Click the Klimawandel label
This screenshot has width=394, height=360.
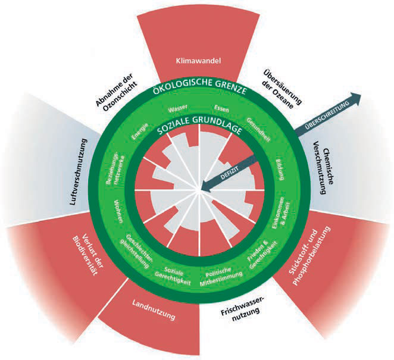click(x=198, y=61)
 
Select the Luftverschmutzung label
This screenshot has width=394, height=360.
click(x=79, y=172)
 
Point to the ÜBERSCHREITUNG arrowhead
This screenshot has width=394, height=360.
click(x=355, y=97)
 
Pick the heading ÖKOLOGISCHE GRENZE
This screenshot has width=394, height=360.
click(x=199, y=86)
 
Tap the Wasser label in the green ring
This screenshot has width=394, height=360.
click(x=178, y=108)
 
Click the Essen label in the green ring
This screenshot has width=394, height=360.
click(x=221, y=108)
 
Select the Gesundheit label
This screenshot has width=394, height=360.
click(x=258, y=130)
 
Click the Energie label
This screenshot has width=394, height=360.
click(x=140, y=131)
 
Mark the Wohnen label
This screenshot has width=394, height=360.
click(x=118, y=211)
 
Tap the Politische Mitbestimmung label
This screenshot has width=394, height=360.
click(x=221, y=277)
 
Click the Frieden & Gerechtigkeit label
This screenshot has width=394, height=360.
click(x=262, y=254)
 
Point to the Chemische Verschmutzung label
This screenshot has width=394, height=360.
click(x=323, y=171)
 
